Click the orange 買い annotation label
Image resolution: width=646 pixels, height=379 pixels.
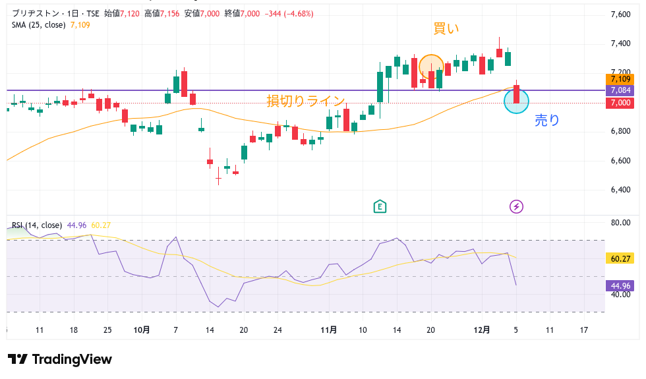pyautogui.click(x=446, y=28)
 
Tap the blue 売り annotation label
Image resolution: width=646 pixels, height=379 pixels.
pyautogui.click(x=546, y=120)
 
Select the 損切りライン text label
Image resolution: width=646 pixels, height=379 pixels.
pyautogui.click(x=306, y=101)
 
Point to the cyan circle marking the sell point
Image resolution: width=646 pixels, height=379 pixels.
pyautogui.click(x=516, y=101)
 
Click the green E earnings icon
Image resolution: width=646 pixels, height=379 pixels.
pyautogui.click(x=380, y=207)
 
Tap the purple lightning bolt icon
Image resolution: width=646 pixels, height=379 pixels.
pyautogui.click(x=517, y=207)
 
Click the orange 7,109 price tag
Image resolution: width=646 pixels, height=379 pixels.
pyautogui.click(x=621, y=80)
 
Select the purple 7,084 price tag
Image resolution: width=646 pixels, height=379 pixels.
pyautogui.click(x=621, y=90)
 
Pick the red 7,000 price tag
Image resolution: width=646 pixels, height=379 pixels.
pyautogui.click(x=621, y=103)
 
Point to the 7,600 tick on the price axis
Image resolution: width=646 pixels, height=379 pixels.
pyautogui.click(x=621, y=15)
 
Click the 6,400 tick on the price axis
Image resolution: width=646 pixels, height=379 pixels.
pyautogui.click(x=621, y=190)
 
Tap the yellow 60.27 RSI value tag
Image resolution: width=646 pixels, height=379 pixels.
pyautogui.click(x=620, y=259)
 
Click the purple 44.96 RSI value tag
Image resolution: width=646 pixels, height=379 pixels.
pyautogui.click(x=620, y=286)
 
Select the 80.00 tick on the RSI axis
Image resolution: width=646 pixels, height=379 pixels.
pyautogui.click(x=620, y=223)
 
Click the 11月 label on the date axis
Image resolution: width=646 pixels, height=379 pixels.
pyautogui.click(x=330, y=330)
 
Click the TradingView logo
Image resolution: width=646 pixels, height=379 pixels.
pyautogui.click(x=60, y=359)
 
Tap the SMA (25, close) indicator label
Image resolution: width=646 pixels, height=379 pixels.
pyautogui.click(x=39, y=25)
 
